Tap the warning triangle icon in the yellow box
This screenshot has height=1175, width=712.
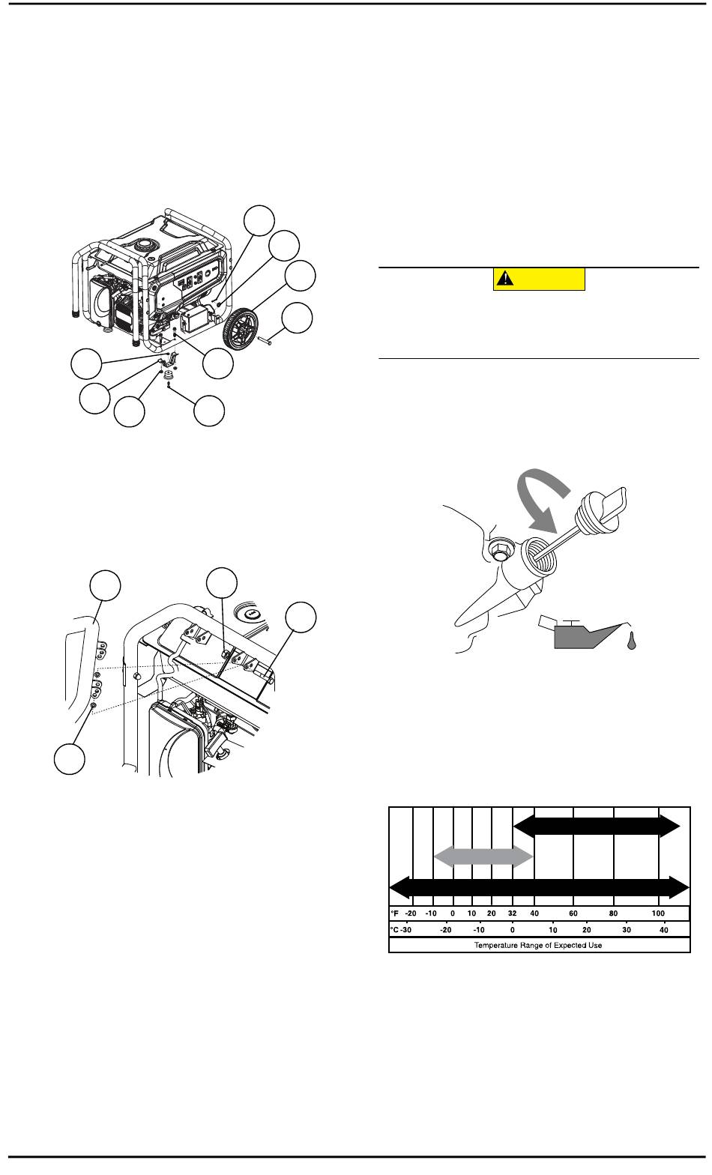coord(504,278)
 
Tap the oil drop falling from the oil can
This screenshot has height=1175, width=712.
coord(632,641)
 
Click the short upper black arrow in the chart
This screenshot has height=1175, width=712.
coord(596,826)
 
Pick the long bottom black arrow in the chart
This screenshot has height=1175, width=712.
coord(539,887)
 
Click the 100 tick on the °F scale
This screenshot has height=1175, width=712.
coord(658,913)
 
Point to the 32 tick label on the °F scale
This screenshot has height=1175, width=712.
coord(512,913)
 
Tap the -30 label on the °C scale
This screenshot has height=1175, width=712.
coord(405,930)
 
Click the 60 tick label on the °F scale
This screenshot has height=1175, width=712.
coord(573,913)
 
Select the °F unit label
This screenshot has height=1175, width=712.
coord(394,913)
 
